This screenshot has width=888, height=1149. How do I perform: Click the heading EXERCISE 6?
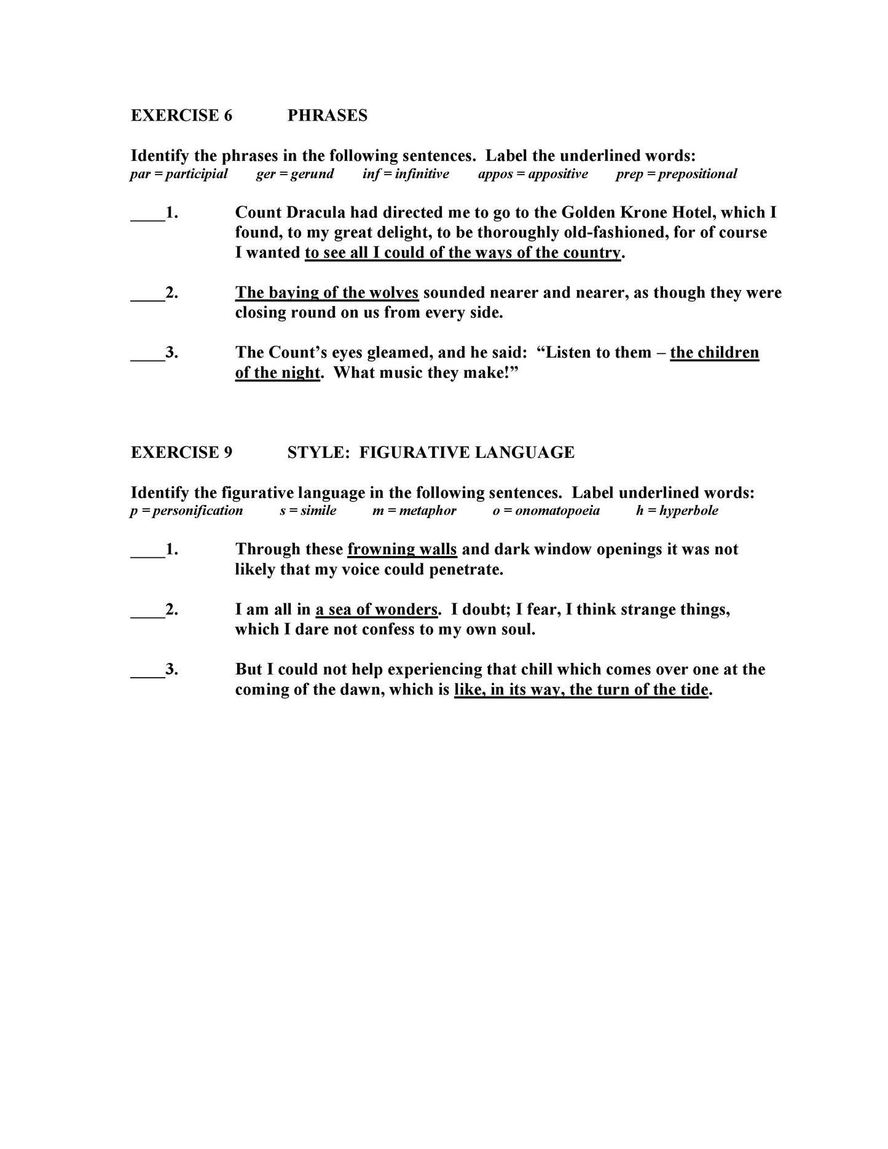(181, 116)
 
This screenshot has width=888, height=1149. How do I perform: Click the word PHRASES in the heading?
(327, 116)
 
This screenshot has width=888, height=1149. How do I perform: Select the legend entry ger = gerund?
(294, 174)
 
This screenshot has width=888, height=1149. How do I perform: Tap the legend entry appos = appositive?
(532, 174)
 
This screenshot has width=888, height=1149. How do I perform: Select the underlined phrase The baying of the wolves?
(326, 292)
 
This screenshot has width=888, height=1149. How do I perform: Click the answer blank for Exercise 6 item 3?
(147, 353)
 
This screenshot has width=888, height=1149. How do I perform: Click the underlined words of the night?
(277, 373)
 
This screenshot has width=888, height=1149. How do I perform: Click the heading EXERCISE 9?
(181, 453)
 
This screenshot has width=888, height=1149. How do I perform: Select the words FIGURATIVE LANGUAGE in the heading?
(466, 453)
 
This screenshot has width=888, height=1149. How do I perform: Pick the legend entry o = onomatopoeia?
(546, 511)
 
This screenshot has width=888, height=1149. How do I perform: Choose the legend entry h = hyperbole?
(677, 511)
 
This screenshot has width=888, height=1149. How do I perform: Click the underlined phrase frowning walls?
(402, 549)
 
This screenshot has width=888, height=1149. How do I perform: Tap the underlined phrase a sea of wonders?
(376, 610)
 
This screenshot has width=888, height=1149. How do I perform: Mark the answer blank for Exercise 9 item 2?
(147, 610)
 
